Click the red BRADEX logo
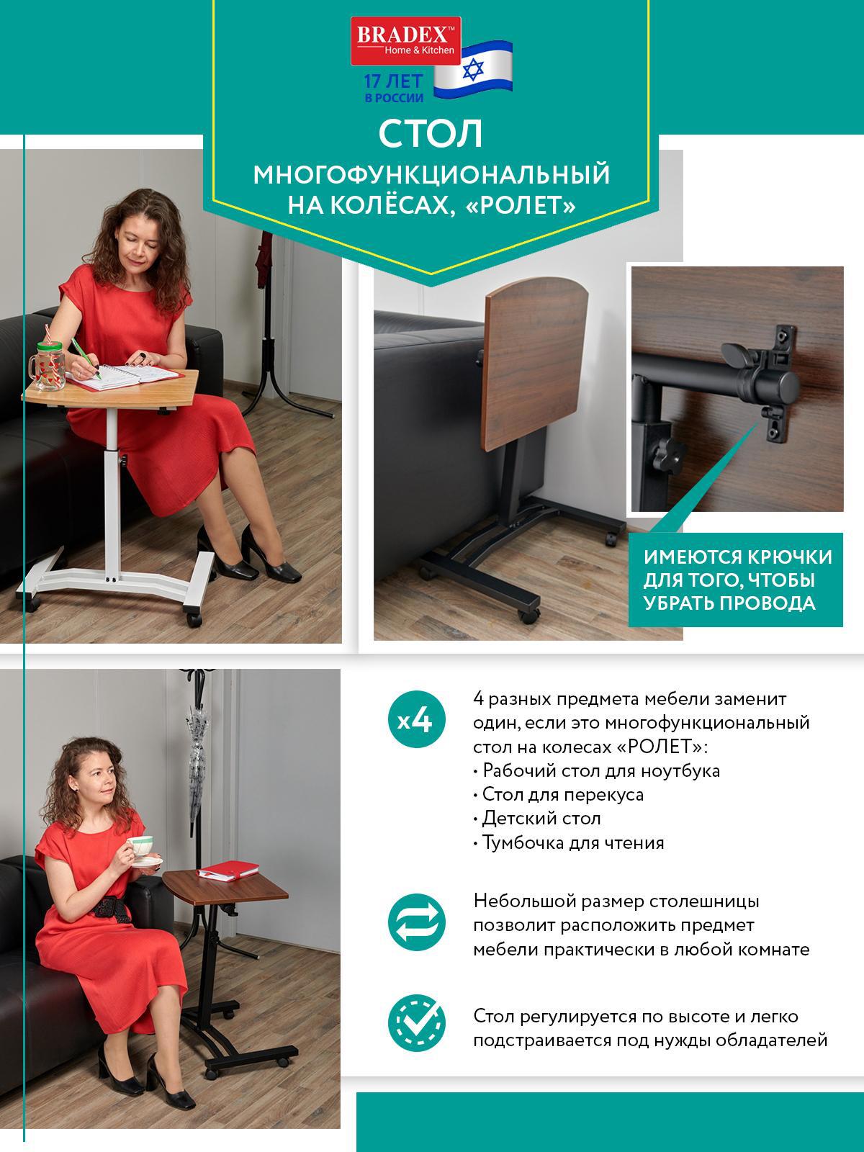coord(405,41)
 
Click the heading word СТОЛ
coord(431,134)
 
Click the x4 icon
coord(415,721)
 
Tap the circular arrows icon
coord(416,923)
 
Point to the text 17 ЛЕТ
coord(394,81)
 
